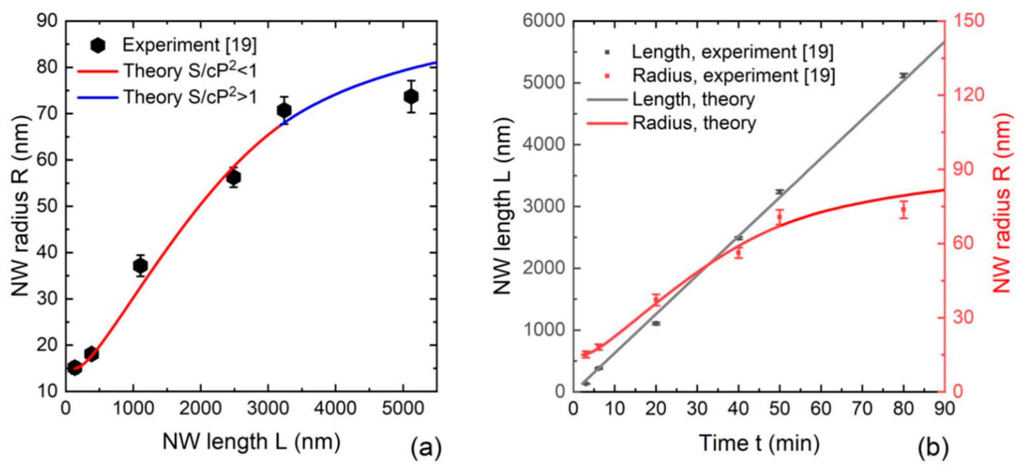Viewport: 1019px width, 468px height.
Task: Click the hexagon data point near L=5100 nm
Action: pyautogui.click(x=411, y=97)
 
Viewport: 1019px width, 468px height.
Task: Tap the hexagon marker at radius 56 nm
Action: pyautogui.click(x=233, y=178)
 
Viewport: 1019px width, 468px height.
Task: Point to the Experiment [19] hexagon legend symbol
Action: pyautogui.click(x=98, y=45)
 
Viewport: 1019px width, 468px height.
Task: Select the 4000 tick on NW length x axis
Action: pyautogui.click(x=336, y=408)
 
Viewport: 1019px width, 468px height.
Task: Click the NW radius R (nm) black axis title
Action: pyautogui.click(x=21, y=206)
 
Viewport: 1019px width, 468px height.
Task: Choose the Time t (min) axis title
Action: pyautogui.click(x=760, y=443)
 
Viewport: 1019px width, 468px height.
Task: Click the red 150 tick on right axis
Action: pyautogui.click(x=970, y=21)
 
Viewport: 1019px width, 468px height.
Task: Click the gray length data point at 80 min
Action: pyautogui.click(x=903, y=75)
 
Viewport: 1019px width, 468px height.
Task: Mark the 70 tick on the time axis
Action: pyautogui.click(x=862, y=408)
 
